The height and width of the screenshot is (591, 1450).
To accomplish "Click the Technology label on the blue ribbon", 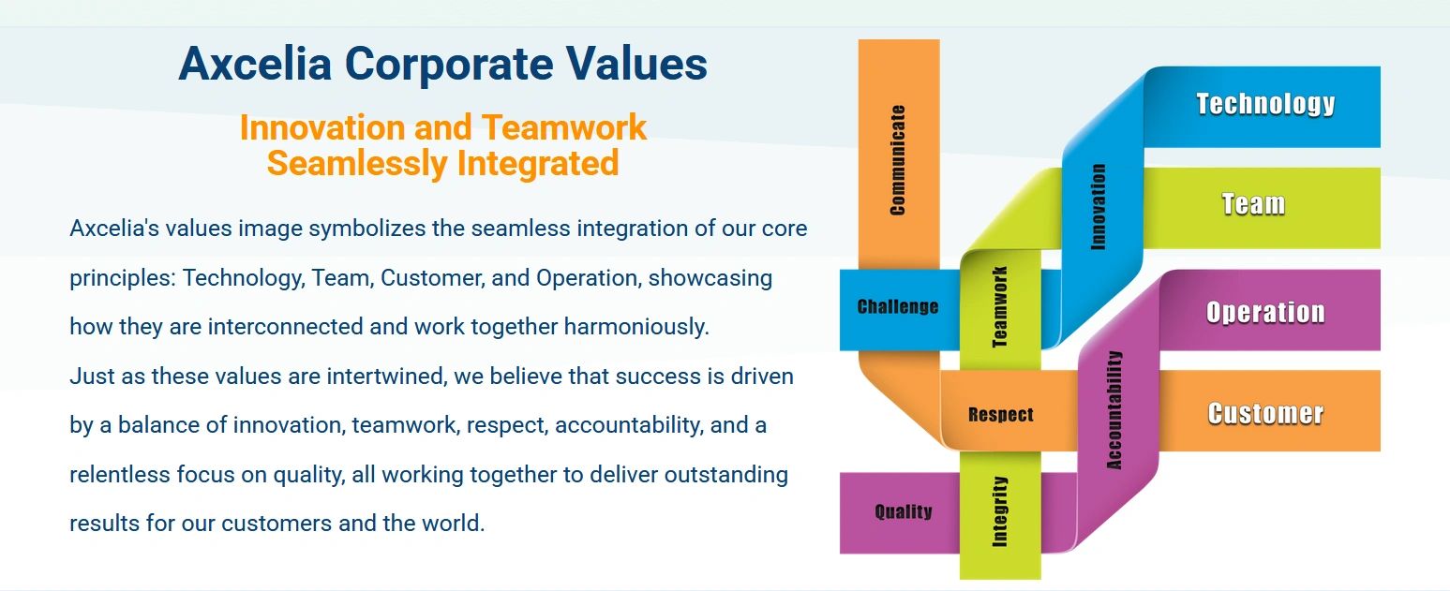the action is pyautogui.click(x=1265, y=104).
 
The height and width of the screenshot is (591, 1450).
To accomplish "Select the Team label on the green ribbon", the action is pyautogui.click(x=1253, y=204).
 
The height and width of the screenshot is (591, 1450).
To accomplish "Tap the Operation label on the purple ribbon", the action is pyautogui.click(x=1265, y=312).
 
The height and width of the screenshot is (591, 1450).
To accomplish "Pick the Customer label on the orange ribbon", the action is pyautogui.click(x=1265, y=414).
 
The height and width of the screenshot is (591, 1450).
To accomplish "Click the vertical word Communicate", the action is pyautogui.click(x=898, y=160).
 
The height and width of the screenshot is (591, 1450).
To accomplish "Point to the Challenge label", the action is pyautogui.click(x=898, y=306).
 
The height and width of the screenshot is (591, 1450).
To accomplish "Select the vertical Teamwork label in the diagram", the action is pyautogui.click(x=1000, y=306).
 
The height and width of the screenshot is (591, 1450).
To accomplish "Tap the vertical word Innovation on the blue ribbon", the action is pyautogui.click(x=1099, y=206).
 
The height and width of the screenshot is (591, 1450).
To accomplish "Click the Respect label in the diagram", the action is pyautogui.click(x=1001, y=415).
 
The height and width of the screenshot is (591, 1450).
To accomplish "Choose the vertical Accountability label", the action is pyautogui.click(x=1114, y=410).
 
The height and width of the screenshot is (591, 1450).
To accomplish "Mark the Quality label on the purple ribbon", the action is pyautogui.click(x=904, y=512).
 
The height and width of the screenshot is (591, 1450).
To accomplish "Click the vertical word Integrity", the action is pyautogui.click(x=1000, y=511).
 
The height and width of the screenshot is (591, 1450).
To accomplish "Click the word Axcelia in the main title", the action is pyautogui.click(x=256, y=64).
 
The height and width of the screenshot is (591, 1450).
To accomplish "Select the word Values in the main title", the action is pyautogui.click(x=637, y=64).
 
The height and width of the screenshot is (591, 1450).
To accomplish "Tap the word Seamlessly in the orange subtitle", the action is pyautogui.click(x=357, y=163).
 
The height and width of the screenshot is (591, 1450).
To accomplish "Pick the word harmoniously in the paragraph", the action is pyautogui.click(x=636, y=327).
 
